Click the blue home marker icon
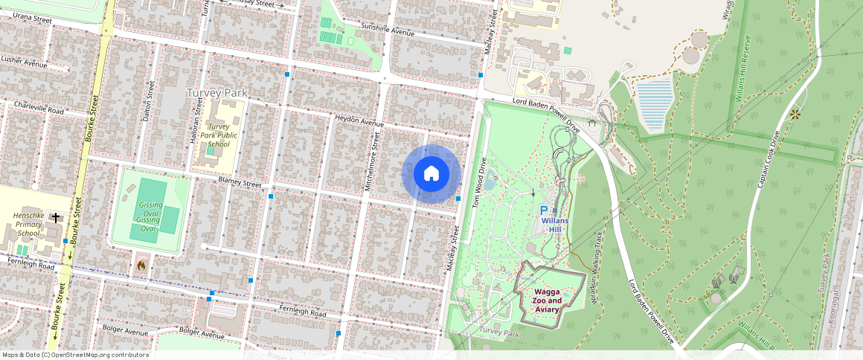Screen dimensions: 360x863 point(431,173)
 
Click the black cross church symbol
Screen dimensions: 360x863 point(57,217)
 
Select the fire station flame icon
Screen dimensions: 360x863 point(142,264)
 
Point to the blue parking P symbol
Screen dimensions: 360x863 point(543,211)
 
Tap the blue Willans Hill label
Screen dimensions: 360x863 point(556,225)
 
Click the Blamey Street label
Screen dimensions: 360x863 point(240,183)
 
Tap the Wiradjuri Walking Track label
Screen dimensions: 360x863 point(597,260)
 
